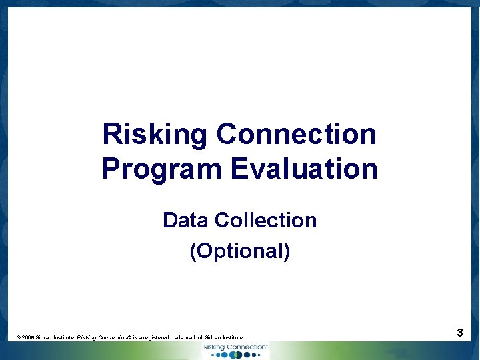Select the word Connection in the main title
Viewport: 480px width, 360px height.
[297, 135]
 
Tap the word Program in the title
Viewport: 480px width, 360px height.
[163, 169]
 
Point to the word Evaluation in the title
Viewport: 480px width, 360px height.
[304, 169]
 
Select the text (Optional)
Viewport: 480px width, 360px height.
[240, 251]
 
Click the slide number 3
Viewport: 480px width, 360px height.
[460, 332]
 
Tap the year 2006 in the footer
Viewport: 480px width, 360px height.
[28, 338]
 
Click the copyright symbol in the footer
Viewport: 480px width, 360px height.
[18, 338]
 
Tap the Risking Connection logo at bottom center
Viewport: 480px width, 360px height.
[235, 347]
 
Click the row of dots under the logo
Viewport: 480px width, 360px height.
[236, 355]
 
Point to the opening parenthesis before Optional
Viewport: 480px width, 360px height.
[193, 251]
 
